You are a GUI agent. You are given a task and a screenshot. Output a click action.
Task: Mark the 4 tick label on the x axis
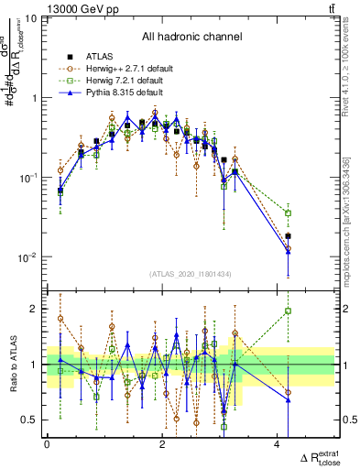pyautogui.click(x=277, y=443)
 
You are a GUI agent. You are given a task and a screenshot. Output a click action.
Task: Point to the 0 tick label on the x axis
pyautogui.click(x=47, y=443)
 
